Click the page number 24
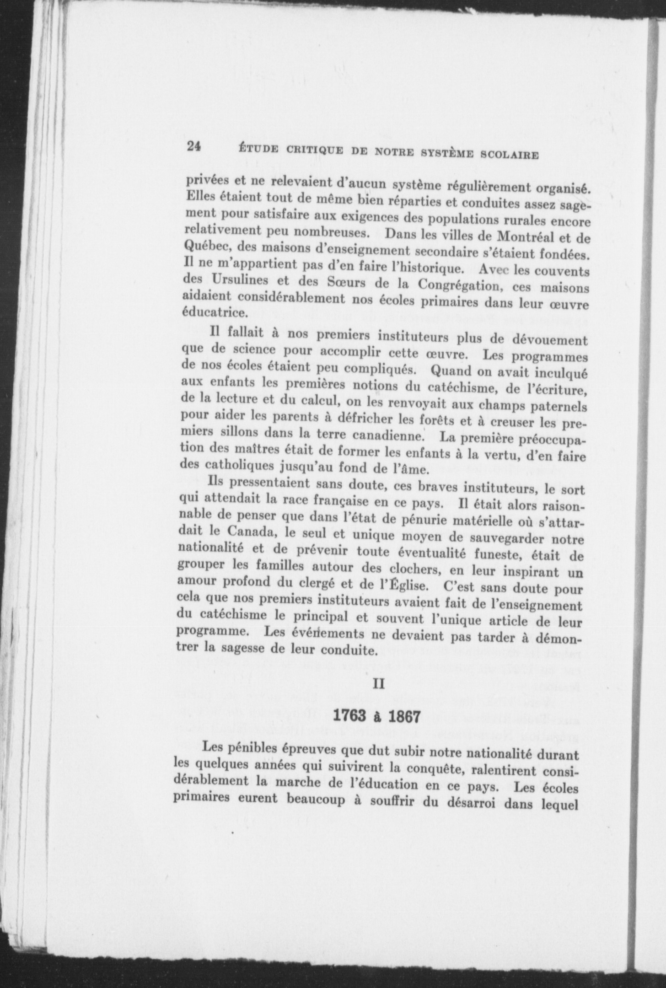[x=193, y=146]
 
